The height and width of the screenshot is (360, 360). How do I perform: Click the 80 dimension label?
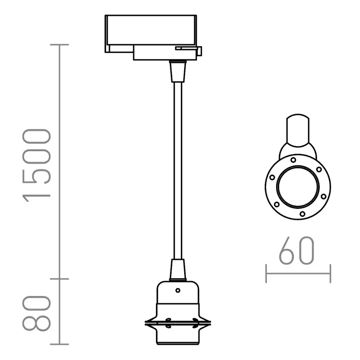37,313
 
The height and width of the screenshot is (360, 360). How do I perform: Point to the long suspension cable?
178,169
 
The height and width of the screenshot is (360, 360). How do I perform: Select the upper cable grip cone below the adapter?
178,71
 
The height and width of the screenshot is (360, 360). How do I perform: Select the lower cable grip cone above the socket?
178,270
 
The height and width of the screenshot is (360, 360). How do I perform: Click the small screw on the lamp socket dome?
178,291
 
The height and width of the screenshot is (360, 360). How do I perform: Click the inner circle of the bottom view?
298,186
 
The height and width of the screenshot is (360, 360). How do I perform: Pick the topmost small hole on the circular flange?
293,160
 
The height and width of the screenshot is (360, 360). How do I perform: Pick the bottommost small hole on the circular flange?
302,213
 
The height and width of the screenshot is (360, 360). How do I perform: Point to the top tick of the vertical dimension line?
59,44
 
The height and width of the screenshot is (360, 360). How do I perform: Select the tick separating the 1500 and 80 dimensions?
59,279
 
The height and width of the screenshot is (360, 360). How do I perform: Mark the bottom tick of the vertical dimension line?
59,344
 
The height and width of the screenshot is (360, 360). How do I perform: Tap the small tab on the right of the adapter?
199,51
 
